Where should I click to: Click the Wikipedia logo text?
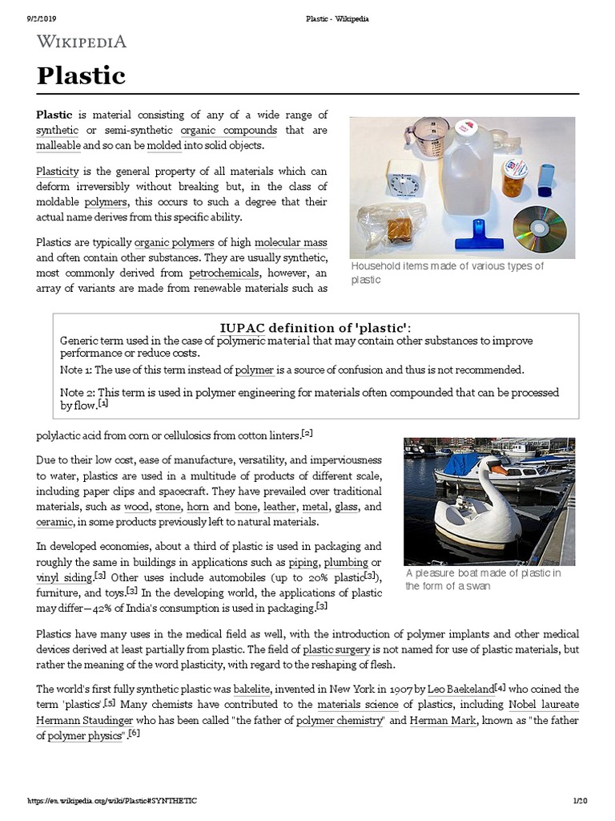pos(81,42)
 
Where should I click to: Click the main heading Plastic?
pos(81,75)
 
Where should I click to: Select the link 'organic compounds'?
pos(229,130)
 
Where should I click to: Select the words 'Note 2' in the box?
pos(78,392)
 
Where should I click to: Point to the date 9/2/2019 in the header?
pos(29,18)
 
